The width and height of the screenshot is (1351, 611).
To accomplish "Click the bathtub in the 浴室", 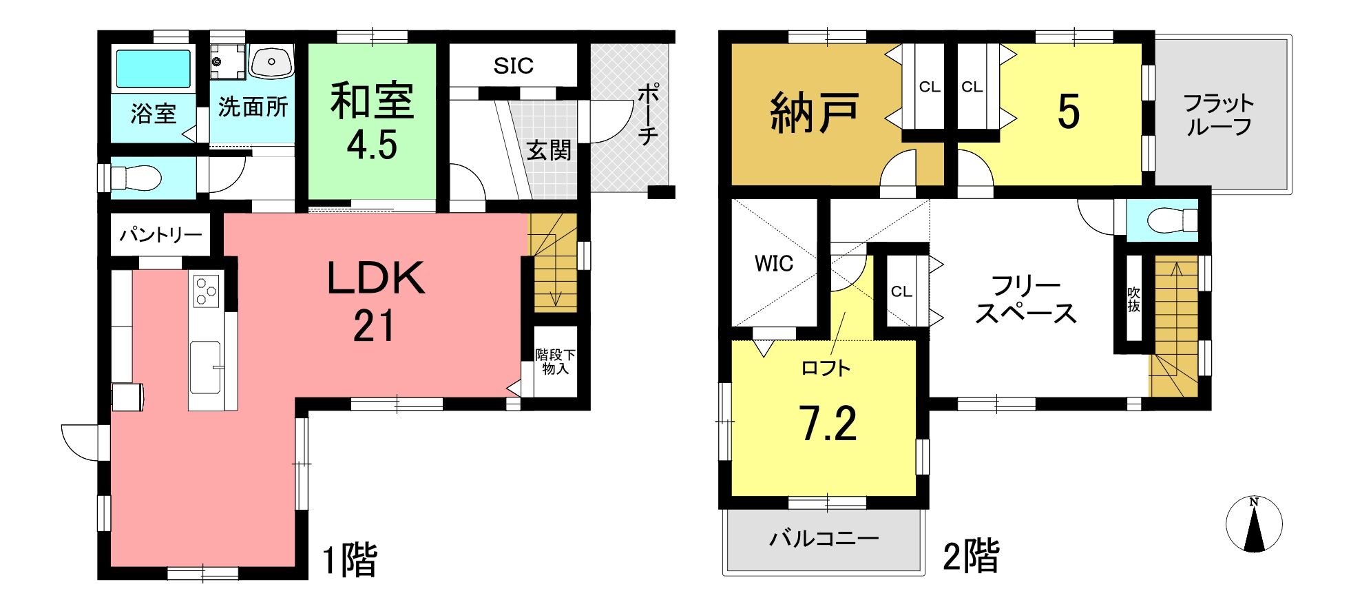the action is coord(152,69).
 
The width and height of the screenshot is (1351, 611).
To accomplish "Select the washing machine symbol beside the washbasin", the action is coord(227,61).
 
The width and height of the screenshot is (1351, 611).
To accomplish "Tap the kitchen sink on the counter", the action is coord(206,367).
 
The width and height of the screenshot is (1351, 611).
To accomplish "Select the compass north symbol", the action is coord(1254,524).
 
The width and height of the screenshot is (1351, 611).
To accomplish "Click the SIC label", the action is coord(513,66).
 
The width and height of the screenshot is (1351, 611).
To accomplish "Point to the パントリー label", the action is coord(160,235).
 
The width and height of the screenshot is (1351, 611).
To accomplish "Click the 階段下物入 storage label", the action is coord(555,362).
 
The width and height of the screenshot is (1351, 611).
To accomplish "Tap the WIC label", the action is coord(773,263).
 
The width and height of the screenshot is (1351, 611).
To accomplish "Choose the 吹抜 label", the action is coord(1133,300).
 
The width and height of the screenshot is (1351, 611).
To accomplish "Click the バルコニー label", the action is coord(824,537).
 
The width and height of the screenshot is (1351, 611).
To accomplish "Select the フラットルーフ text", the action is coord(1218,115).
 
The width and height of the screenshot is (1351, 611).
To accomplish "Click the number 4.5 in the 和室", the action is coord(372,145).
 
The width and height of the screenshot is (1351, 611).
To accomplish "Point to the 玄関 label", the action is coord(549,150).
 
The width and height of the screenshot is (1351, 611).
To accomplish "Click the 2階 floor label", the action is coord(971,557).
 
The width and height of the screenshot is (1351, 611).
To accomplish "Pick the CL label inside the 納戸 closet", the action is coord(930,87).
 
